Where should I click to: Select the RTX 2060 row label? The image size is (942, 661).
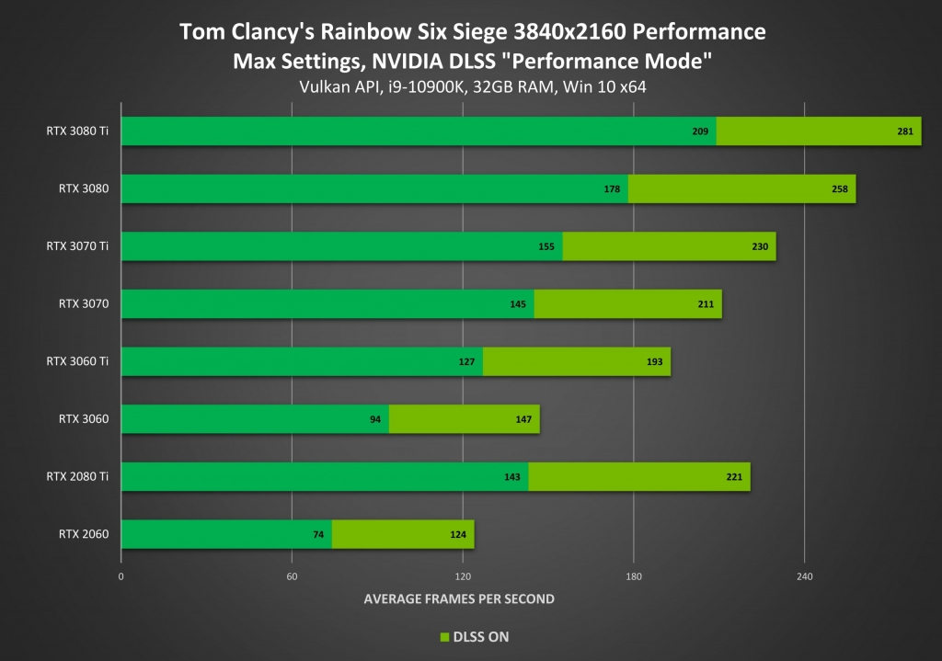(x=84, y=534)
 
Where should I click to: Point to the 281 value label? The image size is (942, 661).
(x=904, y=131)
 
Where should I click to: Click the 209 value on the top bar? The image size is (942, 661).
(x=700, y=131)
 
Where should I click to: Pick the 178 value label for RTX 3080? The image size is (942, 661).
(x=612, y=189)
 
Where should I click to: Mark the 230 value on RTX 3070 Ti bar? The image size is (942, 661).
(x=759, y=246)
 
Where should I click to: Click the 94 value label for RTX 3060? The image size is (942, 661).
(x=375, y=419)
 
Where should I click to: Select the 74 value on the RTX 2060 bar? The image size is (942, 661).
(x=318, y=534)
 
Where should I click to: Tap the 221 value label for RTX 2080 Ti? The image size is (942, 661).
(x=733, y=476)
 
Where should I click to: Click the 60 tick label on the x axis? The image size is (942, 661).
(x=292, y=576)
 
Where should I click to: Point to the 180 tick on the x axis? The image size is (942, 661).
(x=633, y=576)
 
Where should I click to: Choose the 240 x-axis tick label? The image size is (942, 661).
(x=804, y=576)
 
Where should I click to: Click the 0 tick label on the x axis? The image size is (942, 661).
(x=121, y=576)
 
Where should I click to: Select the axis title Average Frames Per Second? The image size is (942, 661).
(x=459, y=598)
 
